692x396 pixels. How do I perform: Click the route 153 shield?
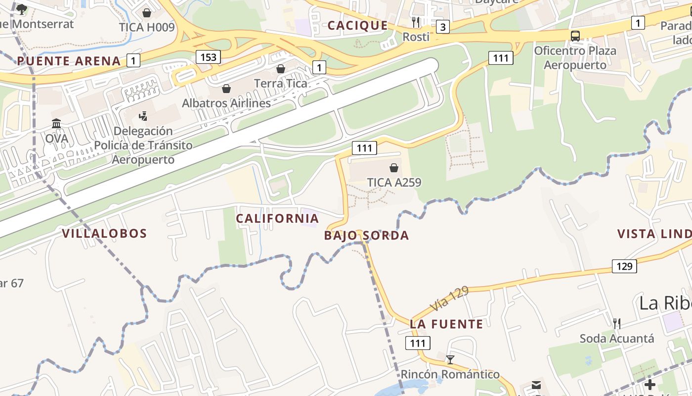click(208, 57)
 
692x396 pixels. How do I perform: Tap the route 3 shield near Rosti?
click(443, 27)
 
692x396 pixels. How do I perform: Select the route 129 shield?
click(624, 266)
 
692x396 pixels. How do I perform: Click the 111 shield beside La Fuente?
click(418, 343)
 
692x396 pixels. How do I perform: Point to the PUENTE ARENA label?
click(69, 61)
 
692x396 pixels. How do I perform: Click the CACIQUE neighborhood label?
click(358, 26)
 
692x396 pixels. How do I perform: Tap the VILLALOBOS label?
click(104, 234)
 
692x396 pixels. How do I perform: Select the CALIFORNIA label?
click(277, 218)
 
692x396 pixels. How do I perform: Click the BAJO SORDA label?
click(366, 236)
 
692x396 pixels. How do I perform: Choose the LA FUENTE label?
click(446, 324)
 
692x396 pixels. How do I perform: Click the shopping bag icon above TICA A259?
click(394, 168)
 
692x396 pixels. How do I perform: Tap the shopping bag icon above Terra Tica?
click(281, 69)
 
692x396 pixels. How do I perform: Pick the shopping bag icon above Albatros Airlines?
click(226, 89)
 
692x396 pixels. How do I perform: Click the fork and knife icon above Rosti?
click(416, 22)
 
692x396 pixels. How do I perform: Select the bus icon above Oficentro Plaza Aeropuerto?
click(575, 36)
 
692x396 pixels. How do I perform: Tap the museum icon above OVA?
click(56, 123)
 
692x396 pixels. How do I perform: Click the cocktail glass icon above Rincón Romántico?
click(450, 359)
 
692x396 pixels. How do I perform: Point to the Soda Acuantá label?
click(617, 339)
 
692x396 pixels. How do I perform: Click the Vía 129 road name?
click(449, 299)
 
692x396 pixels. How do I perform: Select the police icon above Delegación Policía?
click(143, 116)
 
